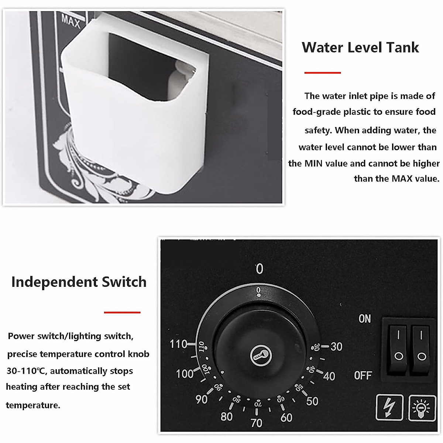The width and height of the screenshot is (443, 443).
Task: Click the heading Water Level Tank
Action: pos(360,48)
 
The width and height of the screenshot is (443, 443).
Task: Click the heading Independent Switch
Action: pos(79,282)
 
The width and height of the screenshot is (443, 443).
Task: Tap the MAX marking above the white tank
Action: pos(71,21)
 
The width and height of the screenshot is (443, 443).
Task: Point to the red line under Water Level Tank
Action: pos(322,73)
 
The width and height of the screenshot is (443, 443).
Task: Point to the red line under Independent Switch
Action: pos(122,312)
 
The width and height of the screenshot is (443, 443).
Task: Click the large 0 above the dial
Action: pos(260,269)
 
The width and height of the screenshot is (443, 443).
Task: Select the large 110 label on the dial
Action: pos(178,344)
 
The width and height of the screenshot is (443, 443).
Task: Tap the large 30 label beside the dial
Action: pos(336,347)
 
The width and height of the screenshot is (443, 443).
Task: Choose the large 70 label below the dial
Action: pos(256,423)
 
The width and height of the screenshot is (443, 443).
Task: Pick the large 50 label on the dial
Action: pos(312,401)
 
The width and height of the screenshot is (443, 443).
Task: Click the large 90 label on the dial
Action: pos(202,399)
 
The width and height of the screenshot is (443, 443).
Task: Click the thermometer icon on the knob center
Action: pos(261,356)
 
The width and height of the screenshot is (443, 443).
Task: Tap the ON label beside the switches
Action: pos(364,319)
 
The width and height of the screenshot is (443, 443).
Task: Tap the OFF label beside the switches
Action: pos(363,375)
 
